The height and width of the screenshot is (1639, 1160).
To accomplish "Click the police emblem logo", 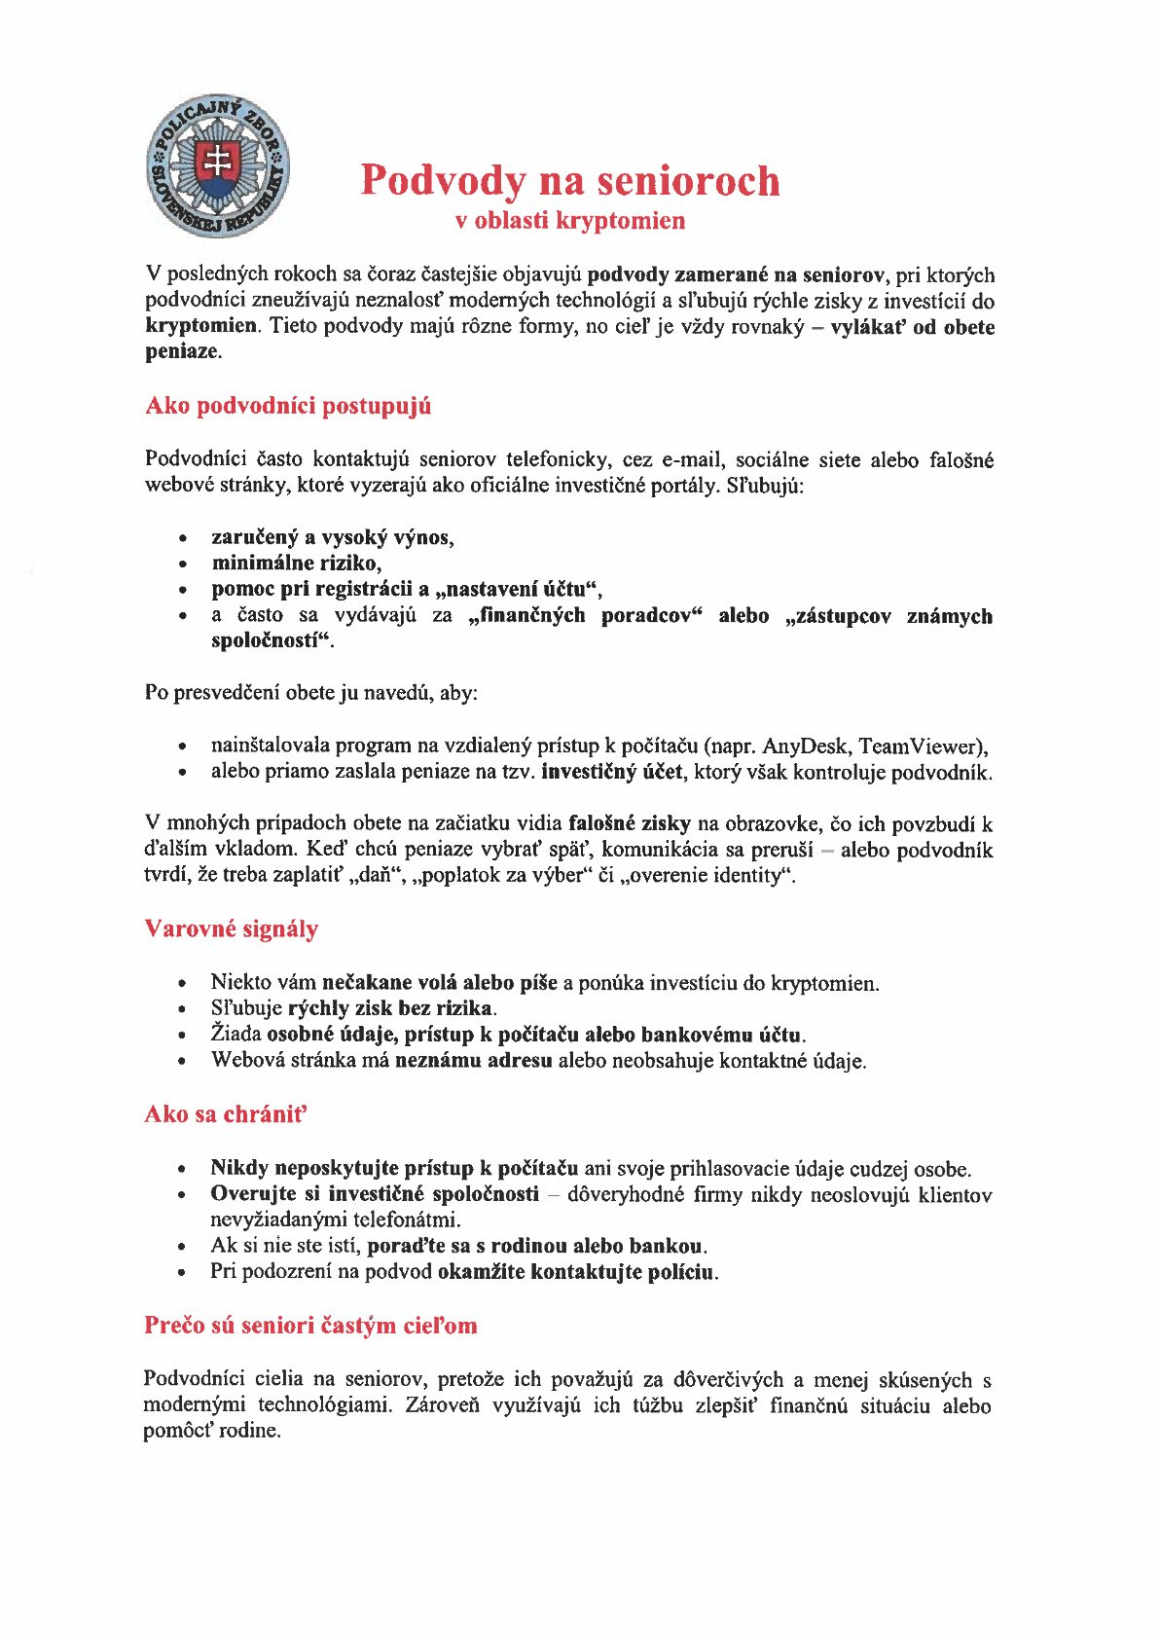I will coord(218,166).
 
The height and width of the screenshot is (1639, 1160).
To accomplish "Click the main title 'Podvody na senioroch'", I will coord(570,180).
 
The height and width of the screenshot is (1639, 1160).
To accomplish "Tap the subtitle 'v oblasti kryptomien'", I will coord(570,221).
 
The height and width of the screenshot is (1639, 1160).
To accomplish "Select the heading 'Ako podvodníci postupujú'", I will coord(288,406).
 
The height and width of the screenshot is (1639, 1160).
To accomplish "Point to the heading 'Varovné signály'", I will coord(232,929).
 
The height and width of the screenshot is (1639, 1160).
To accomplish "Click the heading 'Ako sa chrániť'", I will coord(226,1114).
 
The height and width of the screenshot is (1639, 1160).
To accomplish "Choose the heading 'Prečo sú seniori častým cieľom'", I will coord(310,1326).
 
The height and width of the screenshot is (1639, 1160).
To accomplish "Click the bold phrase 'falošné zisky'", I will coord(629,824).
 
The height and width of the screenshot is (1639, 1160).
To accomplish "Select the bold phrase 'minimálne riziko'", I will coord(295,563).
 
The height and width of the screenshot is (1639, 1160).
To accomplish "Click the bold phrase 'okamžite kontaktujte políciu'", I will coord(576,1272).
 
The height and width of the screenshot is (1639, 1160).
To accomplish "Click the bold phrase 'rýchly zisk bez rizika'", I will coord(391,1008).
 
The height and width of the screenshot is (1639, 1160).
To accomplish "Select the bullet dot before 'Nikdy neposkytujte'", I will coord(182,1169).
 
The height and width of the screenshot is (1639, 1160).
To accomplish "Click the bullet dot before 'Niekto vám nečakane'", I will coord(182,984).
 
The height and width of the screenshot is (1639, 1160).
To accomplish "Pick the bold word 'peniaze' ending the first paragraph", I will coord(182,351).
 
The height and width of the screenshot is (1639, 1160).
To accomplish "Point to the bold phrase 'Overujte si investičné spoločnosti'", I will coord(374,1194).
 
